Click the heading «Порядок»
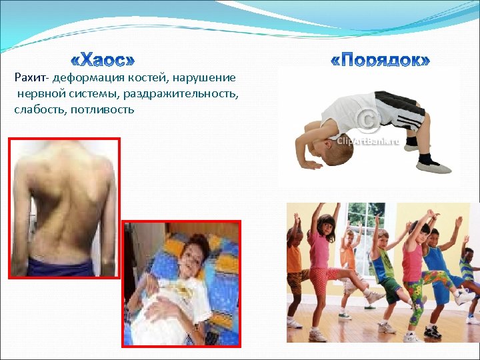coord(381,61)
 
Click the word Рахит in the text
coord(29,79)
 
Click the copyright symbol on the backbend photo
coord(368,120)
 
